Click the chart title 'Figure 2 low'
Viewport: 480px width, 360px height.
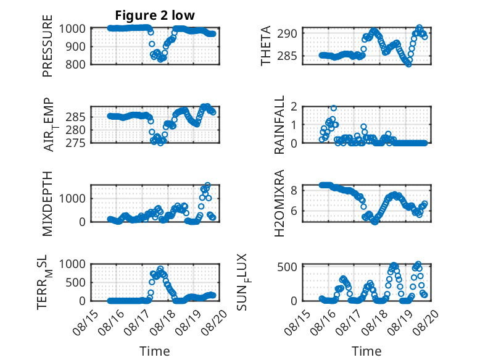point(155,15)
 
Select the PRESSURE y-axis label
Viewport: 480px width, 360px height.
point(48,46)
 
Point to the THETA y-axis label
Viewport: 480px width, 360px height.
point(266,46)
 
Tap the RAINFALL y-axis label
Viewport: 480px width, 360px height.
point(279,125)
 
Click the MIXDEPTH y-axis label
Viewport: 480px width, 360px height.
point(48,204)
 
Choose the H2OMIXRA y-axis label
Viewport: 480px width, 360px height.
point(279,203)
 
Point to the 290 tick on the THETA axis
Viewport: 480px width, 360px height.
point(287,33)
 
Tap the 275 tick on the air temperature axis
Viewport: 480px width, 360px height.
point(76,143)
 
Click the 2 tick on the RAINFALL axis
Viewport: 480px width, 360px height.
point(294,107)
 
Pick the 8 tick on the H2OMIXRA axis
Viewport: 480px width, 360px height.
point(294,191)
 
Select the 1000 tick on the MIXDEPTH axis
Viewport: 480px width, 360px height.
point(72,199)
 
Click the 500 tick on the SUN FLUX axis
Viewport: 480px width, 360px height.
point(287,267)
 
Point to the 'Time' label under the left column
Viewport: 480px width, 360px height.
point(155,351)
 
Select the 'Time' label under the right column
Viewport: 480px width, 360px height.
point(366,351)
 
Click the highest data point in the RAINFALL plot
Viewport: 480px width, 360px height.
point(334,108)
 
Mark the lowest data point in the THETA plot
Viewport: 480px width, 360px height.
point(408,64)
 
